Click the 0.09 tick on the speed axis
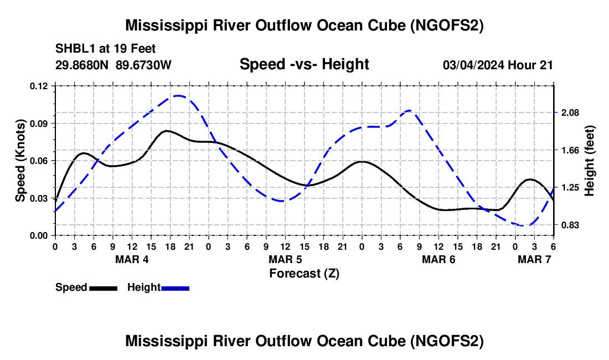tap(42, 123)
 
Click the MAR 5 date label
tap(286, 259)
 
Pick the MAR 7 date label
tap(534, 259)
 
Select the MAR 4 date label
tap(132, 259)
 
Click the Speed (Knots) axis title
tap(20, 161)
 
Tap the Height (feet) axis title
tap(589, 161)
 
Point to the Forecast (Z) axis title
tap(304, 273)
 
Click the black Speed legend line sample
tap(103, 287)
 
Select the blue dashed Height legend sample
tap(175, 287)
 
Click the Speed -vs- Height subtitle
tap(304, 64)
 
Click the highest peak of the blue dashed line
tap(177, 95)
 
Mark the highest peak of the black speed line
tap(166, 131)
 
